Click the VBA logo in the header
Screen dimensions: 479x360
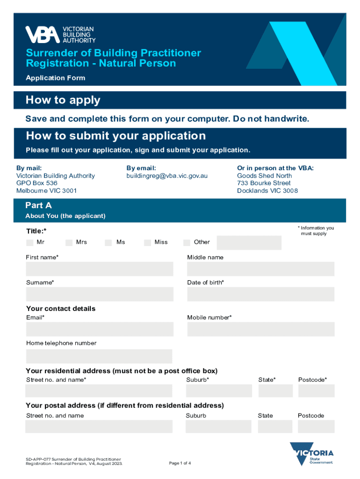coord(60,34)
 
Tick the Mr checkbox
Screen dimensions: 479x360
coord(30,242)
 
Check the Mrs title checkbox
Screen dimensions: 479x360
coord(69,242)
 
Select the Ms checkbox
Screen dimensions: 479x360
coord(108,242)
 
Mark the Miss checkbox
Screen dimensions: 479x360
coord(147,242)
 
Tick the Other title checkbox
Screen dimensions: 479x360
coord(187,242)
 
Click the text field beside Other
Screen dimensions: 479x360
coord(249,243)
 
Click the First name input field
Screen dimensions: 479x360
coord(99,269)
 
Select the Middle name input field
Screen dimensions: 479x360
coord(260,269)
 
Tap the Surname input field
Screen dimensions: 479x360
coord(99,294)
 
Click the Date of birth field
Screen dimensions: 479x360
coord(260,294)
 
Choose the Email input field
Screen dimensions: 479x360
coord(99,329)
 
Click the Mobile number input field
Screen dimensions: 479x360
coord(260,329)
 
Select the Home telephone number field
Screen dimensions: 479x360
coord(99,356)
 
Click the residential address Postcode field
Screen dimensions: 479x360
coord(316,391)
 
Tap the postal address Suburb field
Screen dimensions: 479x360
coord(218,426)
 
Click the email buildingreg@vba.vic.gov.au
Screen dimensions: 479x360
coord(167,176)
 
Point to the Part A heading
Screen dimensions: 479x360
coord(39,205)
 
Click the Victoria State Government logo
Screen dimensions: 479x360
coord(312,454)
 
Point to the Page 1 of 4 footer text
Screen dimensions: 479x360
coord(180,463)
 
